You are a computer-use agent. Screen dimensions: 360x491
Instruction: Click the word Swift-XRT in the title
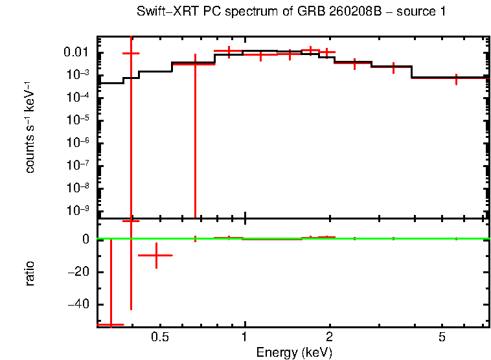(x=164, y=12)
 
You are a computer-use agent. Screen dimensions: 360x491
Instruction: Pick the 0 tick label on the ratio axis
(x=85, y=240)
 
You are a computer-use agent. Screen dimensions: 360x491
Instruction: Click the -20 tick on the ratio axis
(x=78, y=272)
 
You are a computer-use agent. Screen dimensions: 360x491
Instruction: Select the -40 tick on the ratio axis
(x=78, y=304)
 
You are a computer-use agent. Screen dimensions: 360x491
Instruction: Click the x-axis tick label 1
(x=245, y=337)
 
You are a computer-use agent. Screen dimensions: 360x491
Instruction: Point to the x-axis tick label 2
(x=330, y=337)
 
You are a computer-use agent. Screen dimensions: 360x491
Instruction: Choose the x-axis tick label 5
(x=442, y=337)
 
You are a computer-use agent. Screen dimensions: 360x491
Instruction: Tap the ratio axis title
(x=30, y=273)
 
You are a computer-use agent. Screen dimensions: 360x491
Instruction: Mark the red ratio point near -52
(x=110, y=324)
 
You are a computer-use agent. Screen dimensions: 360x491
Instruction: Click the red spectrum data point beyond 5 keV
(x=457, y=78)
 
